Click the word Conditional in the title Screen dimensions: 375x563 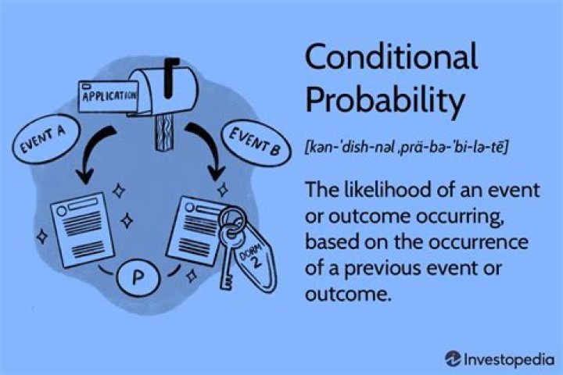(390, 59)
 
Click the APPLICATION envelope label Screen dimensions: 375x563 (109, 97)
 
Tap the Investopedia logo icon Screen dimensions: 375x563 (454, 358)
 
